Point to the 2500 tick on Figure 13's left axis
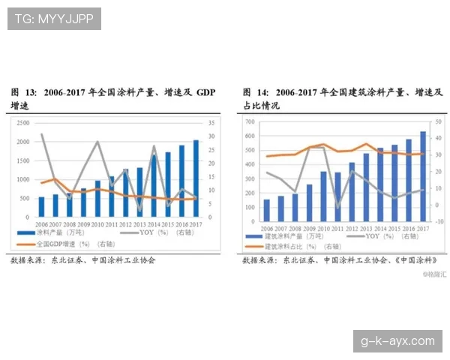pyautogui.click(x=22, y=122)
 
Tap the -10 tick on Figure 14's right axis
pyautogui.click(x=439, y=223)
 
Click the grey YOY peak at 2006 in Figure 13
pyautogui.click(x=41, y=135)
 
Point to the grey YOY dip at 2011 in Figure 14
pyautogui.click(x=337, y=206)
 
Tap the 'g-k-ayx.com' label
pyautogui.click(x=397, y=340)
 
